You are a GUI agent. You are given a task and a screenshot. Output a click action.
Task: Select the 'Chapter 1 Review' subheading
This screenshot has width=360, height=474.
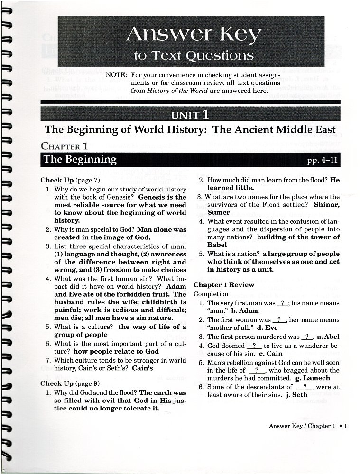click(231, 285)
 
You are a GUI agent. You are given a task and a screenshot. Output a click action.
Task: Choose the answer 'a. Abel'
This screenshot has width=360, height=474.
click(328, 337)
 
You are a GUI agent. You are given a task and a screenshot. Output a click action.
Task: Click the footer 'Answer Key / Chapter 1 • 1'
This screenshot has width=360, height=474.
click(308, 426)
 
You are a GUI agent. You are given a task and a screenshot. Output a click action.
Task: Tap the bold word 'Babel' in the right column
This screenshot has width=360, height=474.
click(217, 245)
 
